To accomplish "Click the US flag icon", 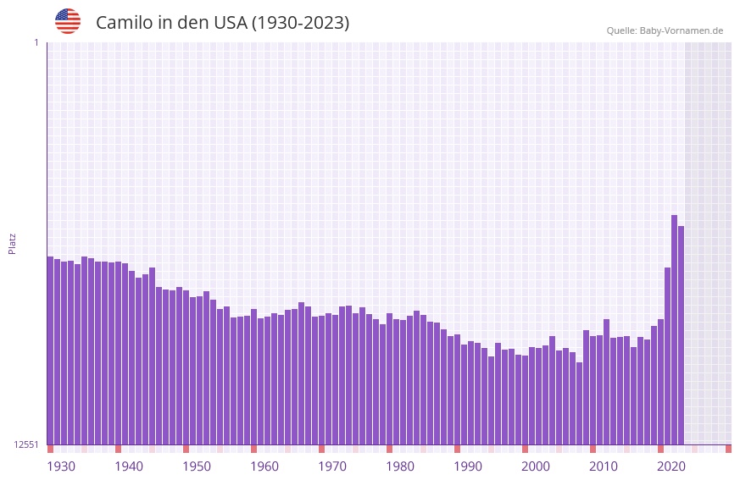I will [x=68, y=21].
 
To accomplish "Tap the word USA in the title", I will [x=231, y=23].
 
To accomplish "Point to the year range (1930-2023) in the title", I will [x=300, y=23].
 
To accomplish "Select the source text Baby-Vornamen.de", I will [x=681, y=30].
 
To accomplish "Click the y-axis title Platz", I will [x=12, y=243].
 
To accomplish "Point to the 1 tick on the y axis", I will [x=36, y=42].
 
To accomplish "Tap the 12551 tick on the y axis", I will [x=26, y=444].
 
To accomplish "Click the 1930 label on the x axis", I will [x=61, y=466].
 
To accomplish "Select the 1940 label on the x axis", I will [x=129, y=466].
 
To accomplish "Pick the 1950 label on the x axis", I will [x=197, y=466].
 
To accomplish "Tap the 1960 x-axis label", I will [x=264, y=466].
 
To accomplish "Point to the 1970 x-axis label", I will [x=332, y=466].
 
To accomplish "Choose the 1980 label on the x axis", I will [x=400, y=466].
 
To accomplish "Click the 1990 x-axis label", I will [x=468, y=466].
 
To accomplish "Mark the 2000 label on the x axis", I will [x=536, y=466].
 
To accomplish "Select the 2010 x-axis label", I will [x=604, y=466].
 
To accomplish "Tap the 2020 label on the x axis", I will [x=671, y=466].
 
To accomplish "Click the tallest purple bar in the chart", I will [x=675, y=330].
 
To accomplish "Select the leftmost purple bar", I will [x=50, y=350].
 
